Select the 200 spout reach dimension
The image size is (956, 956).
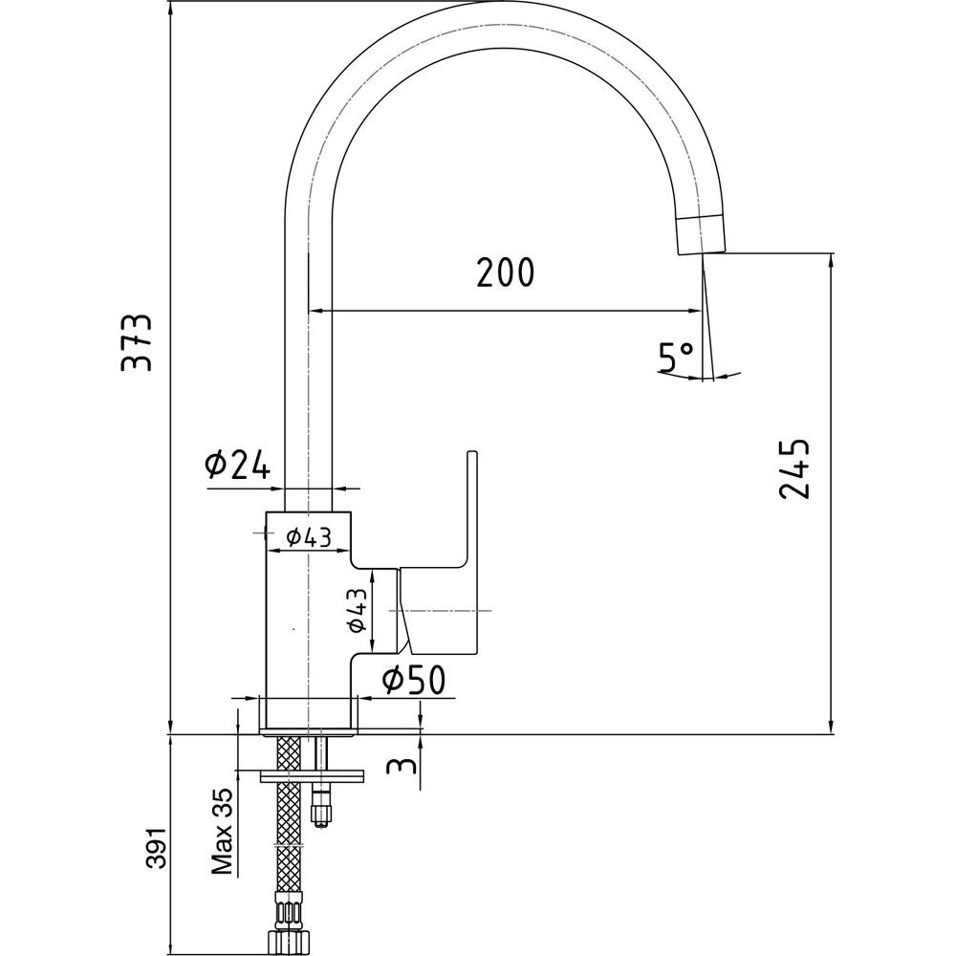(x=506, y=273)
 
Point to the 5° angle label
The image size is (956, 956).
(x=676, y=357)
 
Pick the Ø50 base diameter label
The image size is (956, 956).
(x=413, y=680)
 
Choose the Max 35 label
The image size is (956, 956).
(x=223, y=831)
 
